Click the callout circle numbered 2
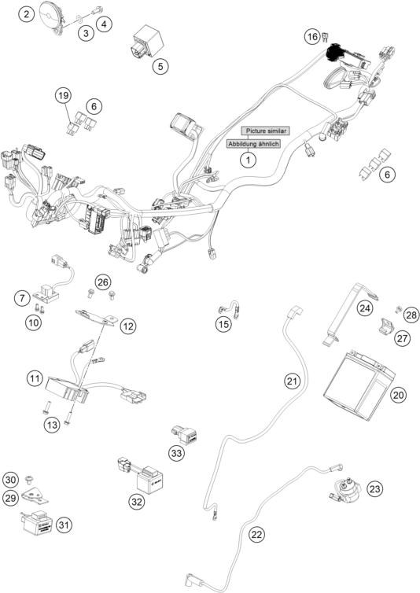click(x=27, y=15)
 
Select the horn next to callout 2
click(x=52, y=18)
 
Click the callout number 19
click(x=64, y=95)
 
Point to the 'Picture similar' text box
click(x=266, y=131)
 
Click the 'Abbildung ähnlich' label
click(x=253, y=144)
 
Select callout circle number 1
click(x=249, y=160)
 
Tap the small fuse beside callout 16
click(x=325, y=38)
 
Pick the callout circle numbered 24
click(x=365, y=308)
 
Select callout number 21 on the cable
click(x=292, y=381)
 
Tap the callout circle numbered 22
click(x=256, y=534)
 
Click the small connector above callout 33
click(x=186, y=435)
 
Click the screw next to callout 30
click(x=29, y=480)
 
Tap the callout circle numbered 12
click(x=128, y=326)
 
